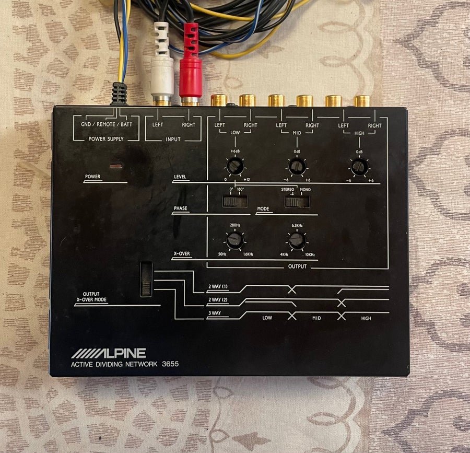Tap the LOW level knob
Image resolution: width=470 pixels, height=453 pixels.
tap(235, 166)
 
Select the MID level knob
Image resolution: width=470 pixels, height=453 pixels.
tap(297, 167)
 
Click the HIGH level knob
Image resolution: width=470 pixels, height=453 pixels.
tap(359, 167)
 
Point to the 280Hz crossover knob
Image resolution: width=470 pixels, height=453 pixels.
tap(234, 241)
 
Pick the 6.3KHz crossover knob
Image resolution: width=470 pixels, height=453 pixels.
tap(297, 241)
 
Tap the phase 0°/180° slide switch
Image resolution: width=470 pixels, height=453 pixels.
tap(235, 202)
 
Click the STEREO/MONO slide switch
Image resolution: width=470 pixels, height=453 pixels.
tap(297, 202)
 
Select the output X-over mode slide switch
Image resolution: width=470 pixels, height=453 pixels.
tap(146, 279)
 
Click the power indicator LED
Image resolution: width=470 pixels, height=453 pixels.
tap(116, 166)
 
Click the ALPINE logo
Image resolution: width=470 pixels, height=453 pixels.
tap(109, 354)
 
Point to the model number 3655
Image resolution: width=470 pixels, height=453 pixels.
tap(170, 364)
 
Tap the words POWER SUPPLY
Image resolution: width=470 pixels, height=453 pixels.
tap(106, 139)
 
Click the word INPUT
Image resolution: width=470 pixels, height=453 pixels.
tap(173, 139)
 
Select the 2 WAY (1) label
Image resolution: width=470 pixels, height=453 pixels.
tap(218, 287)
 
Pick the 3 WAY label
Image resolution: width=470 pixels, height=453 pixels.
tap(215, 313)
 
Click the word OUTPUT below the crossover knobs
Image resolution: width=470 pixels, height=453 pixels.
tap(297, 266)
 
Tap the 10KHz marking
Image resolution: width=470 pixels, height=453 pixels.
tap(310, 255)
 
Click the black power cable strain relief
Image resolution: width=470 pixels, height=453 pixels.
tap(120, 94)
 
